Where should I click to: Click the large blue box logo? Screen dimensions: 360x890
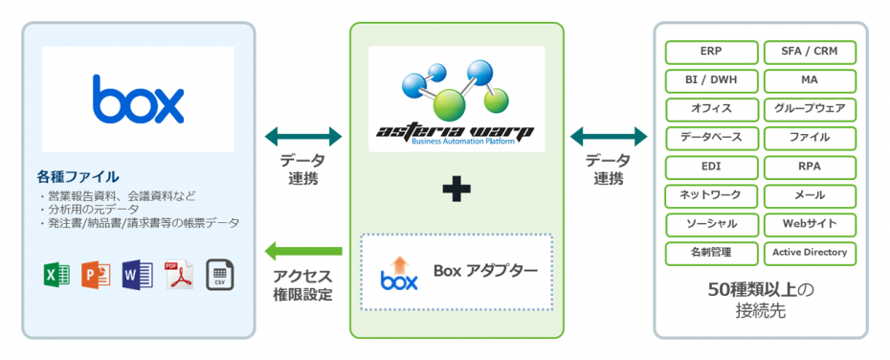click(x=138, y=98)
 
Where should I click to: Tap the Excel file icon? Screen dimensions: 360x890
click(x=56, y=275)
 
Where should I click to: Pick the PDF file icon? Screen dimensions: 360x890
click(x=178, y=275)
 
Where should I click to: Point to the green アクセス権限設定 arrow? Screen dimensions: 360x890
click(x=301, y=252)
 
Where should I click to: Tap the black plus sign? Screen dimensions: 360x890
click(x=456, y=191)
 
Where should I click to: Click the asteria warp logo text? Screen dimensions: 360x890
click(x=456, y=130)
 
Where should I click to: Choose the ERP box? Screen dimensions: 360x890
click(x=711, y=52)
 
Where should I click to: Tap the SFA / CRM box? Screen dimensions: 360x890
click(x=810, y=52)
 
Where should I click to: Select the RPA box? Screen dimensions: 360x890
click(x=810, y=167)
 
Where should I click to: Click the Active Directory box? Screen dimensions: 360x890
click(x=810, y=253)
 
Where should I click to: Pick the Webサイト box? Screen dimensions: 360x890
click(x=810, y=224)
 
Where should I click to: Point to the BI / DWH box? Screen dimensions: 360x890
click(x=711, y=80)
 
